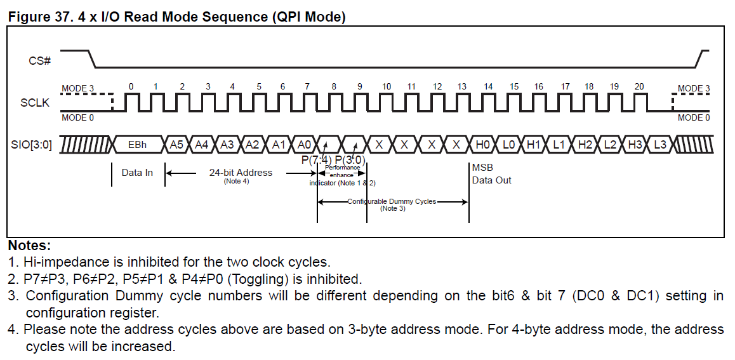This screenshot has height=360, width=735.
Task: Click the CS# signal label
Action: click(39, 61)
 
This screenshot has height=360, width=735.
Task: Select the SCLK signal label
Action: click(35, 102)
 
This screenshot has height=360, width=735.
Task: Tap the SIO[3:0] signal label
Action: click(30, 145)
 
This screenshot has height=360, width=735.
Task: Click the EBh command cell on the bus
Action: click(137, 145)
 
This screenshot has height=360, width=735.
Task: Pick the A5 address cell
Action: click(176, 145)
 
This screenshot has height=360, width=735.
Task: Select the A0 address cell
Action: click(304, 145)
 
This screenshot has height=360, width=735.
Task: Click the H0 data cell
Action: click(482, 145)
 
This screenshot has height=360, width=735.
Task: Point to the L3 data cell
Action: click(660, 145)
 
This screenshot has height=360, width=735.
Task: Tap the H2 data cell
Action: click(585, 145)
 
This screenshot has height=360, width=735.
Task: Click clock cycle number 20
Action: click(639, 86)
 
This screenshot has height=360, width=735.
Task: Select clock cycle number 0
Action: click(131, 86)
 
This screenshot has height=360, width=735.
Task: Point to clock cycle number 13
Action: click(462, 86)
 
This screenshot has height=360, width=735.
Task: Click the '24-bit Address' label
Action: click(241, 172)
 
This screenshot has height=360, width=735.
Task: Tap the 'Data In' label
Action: click(137, 173)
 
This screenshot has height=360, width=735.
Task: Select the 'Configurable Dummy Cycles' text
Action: click(392, 201)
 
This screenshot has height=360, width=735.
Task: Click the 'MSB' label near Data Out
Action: click(482, 168)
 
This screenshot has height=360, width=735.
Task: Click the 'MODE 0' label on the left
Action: click(77, 117)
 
